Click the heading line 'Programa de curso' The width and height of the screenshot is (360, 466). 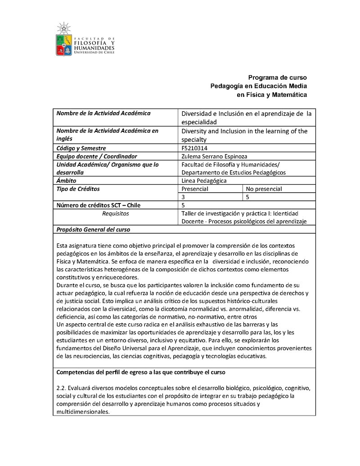click(278, 77)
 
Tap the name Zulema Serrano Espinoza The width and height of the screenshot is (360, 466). click(214, 156)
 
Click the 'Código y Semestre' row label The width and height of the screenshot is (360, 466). click(81, 148)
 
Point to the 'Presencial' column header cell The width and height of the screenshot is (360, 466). click(195, 189)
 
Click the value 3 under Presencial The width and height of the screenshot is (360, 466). click(183, 197)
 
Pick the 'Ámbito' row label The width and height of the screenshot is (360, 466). click(66, 181)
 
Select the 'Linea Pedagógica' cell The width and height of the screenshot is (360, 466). click(204, 181)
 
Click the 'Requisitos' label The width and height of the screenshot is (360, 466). click(116, 213)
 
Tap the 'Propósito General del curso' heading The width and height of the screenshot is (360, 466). click(93, 230)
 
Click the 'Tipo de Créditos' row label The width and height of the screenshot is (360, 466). click(78, 189)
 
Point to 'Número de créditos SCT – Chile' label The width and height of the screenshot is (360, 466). click(99, 205)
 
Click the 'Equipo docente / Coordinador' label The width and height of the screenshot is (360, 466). click(96, 156)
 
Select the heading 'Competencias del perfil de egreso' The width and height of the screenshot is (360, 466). click(141, 372)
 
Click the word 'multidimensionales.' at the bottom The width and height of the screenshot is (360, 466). click(83, 412)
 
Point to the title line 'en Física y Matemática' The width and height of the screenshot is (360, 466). click(272, 95)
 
